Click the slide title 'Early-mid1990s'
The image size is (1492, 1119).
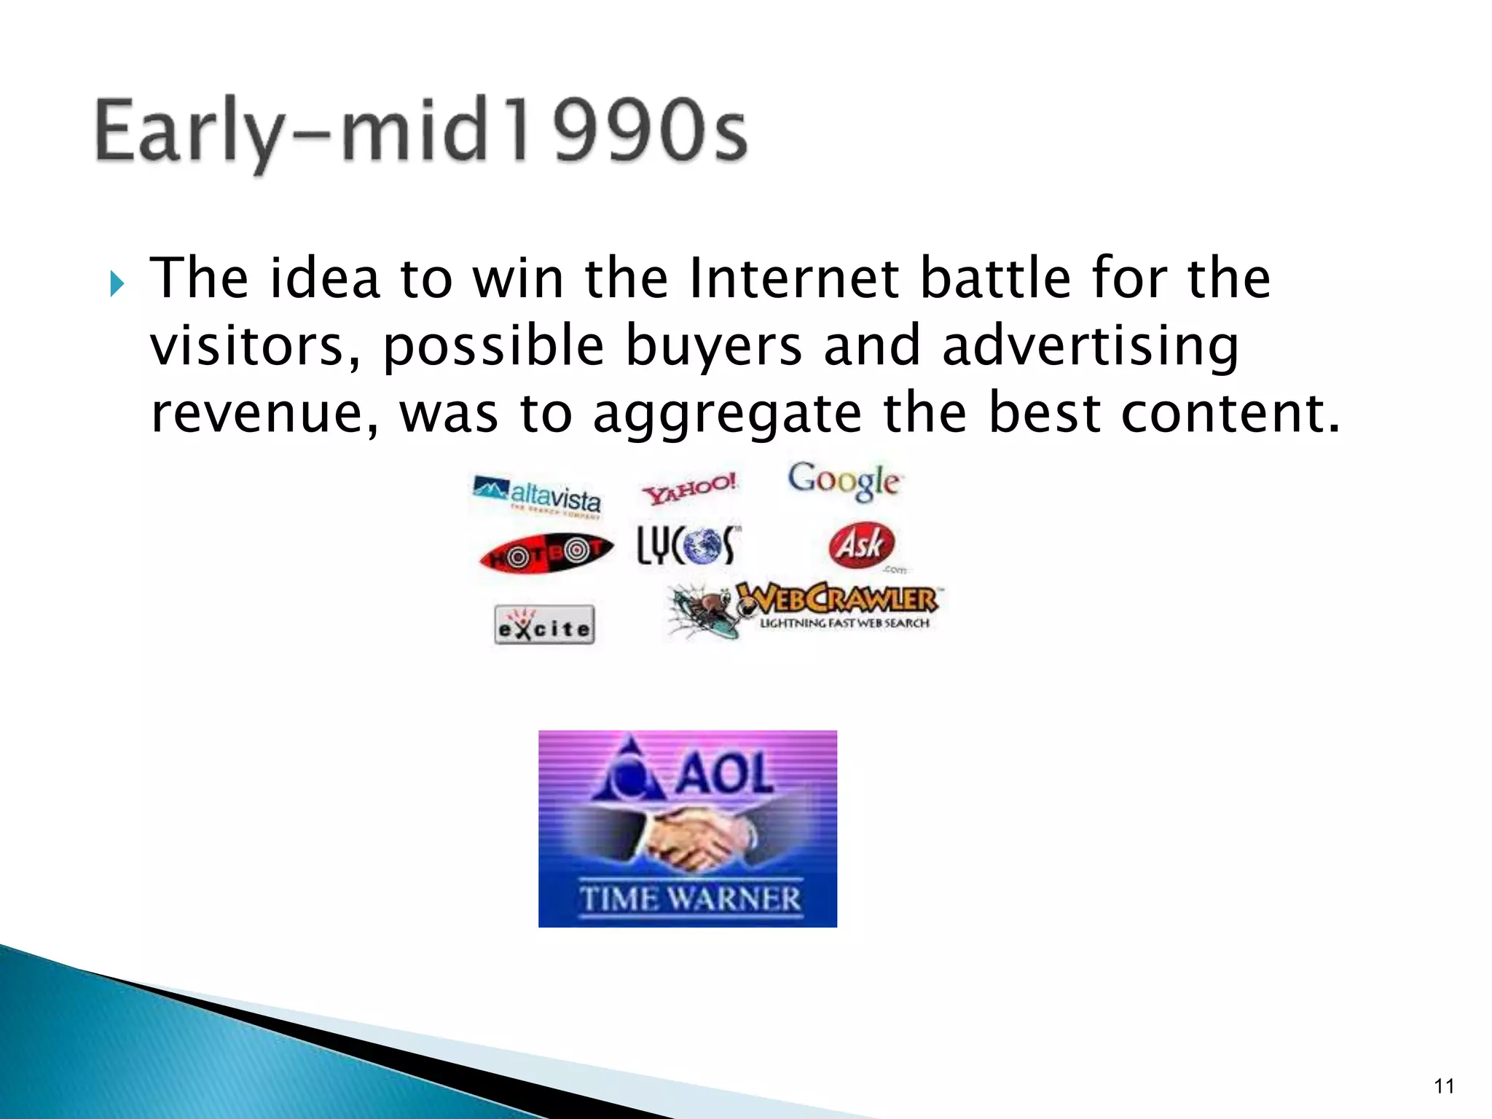(x=420, y=131)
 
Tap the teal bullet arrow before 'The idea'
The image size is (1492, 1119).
(x=117, y=283)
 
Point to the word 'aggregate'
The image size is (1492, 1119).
(x=727, y=414)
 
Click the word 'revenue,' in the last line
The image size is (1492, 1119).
(x=264, y=414)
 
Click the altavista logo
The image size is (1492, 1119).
(x=538, y=495)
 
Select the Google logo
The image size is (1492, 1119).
(x=844, y=481)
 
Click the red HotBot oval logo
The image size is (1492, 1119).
(x=546, y=553)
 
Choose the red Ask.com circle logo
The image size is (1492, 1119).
(x=862, y=544)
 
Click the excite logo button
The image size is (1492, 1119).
(x=544, y=625)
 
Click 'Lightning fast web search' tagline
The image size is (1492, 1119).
(x=844, y=624)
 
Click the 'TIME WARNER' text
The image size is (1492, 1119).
(x=690, y=898)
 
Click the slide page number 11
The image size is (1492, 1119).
(x=1444, y=1086)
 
